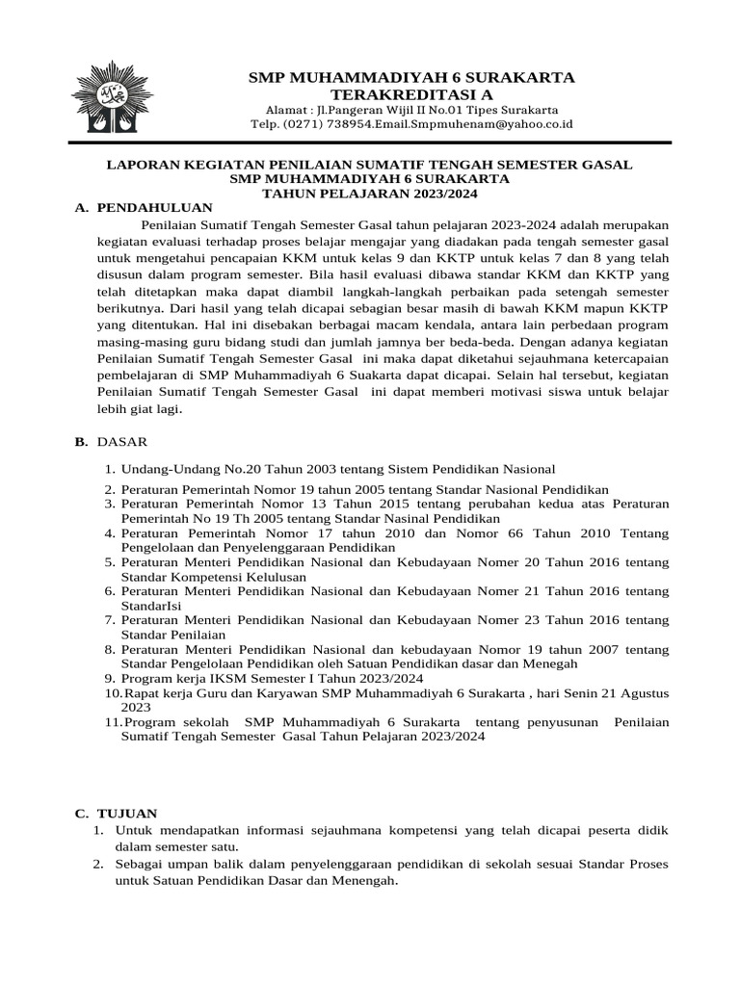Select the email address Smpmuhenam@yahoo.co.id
pyautogui.click(x=490, y=124)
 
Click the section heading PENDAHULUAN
pyautogui.click(x=155, y=207)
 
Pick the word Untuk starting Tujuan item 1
pyautogui.click(x=132, y=830)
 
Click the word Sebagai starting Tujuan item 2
pyautogui.click(x=140, y=864)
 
